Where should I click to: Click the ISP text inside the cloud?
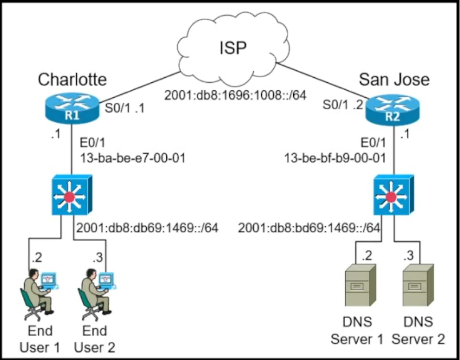pos(233,48)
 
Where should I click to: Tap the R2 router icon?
pos(393,109)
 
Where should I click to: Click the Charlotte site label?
pos(72,79)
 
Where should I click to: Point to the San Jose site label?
pos(394,79)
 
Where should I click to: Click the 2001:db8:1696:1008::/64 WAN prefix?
pos(235,95)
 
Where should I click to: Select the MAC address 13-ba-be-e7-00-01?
pos(133,158)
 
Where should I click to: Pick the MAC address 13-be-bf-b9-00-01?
pos(335,158)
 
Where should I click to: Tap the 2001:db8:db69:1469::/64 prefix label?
pos(147,227)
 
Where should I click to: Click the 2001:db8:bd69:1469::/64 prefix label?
pos(309,227)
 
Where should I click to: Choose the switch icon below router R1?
pos(72,195)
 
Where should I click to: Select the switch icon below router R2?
pos(393,195)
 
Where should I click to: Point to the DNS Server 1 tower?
pos(360,285)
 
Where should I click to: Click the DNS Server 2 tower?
pos(418,285)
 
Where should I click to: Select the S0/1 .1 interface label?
pos(125,108)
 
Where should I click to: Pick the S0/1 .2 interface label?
pos(343,105)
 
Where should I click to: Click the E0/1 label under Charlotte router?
pos(93,143)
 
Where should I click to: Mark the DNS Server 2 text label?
pos(418,330)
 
